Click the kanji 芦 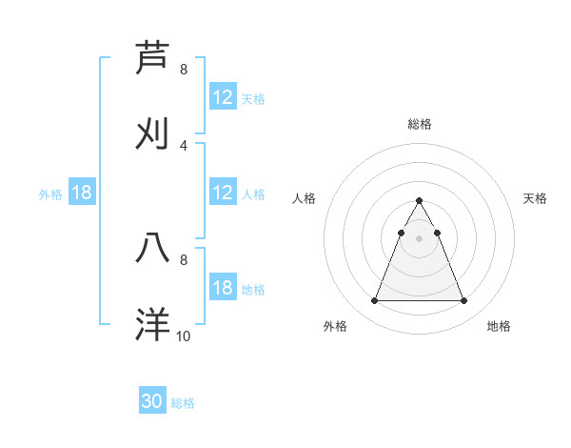pos(154,57)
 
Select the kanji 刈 pos(154,132)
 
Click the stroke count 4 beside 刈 pos(184,145)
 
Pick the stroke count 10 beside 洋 pos(184,336)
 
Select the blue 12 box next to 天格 pos(223,96)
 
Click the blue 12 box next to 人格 pos(223,193)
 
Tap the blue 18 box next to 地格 pos(223,288)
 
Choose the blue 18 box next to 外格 pos(82,193)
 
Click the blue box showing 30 pos(152,401)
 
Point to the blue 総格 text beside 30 pos(183,403)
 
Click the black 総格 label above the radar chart pos(420,124)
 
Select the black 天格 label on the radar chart pos(536,198)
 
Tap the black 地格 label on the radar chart pos(499,326)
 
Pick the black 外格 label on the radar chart pos(335,326)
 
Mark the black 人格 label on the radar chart pos(305,198)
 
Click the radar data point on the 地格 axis pos(463,301)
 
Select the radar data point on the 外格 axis pos(374,301)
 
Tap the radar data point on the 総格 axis pos(419,201)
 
